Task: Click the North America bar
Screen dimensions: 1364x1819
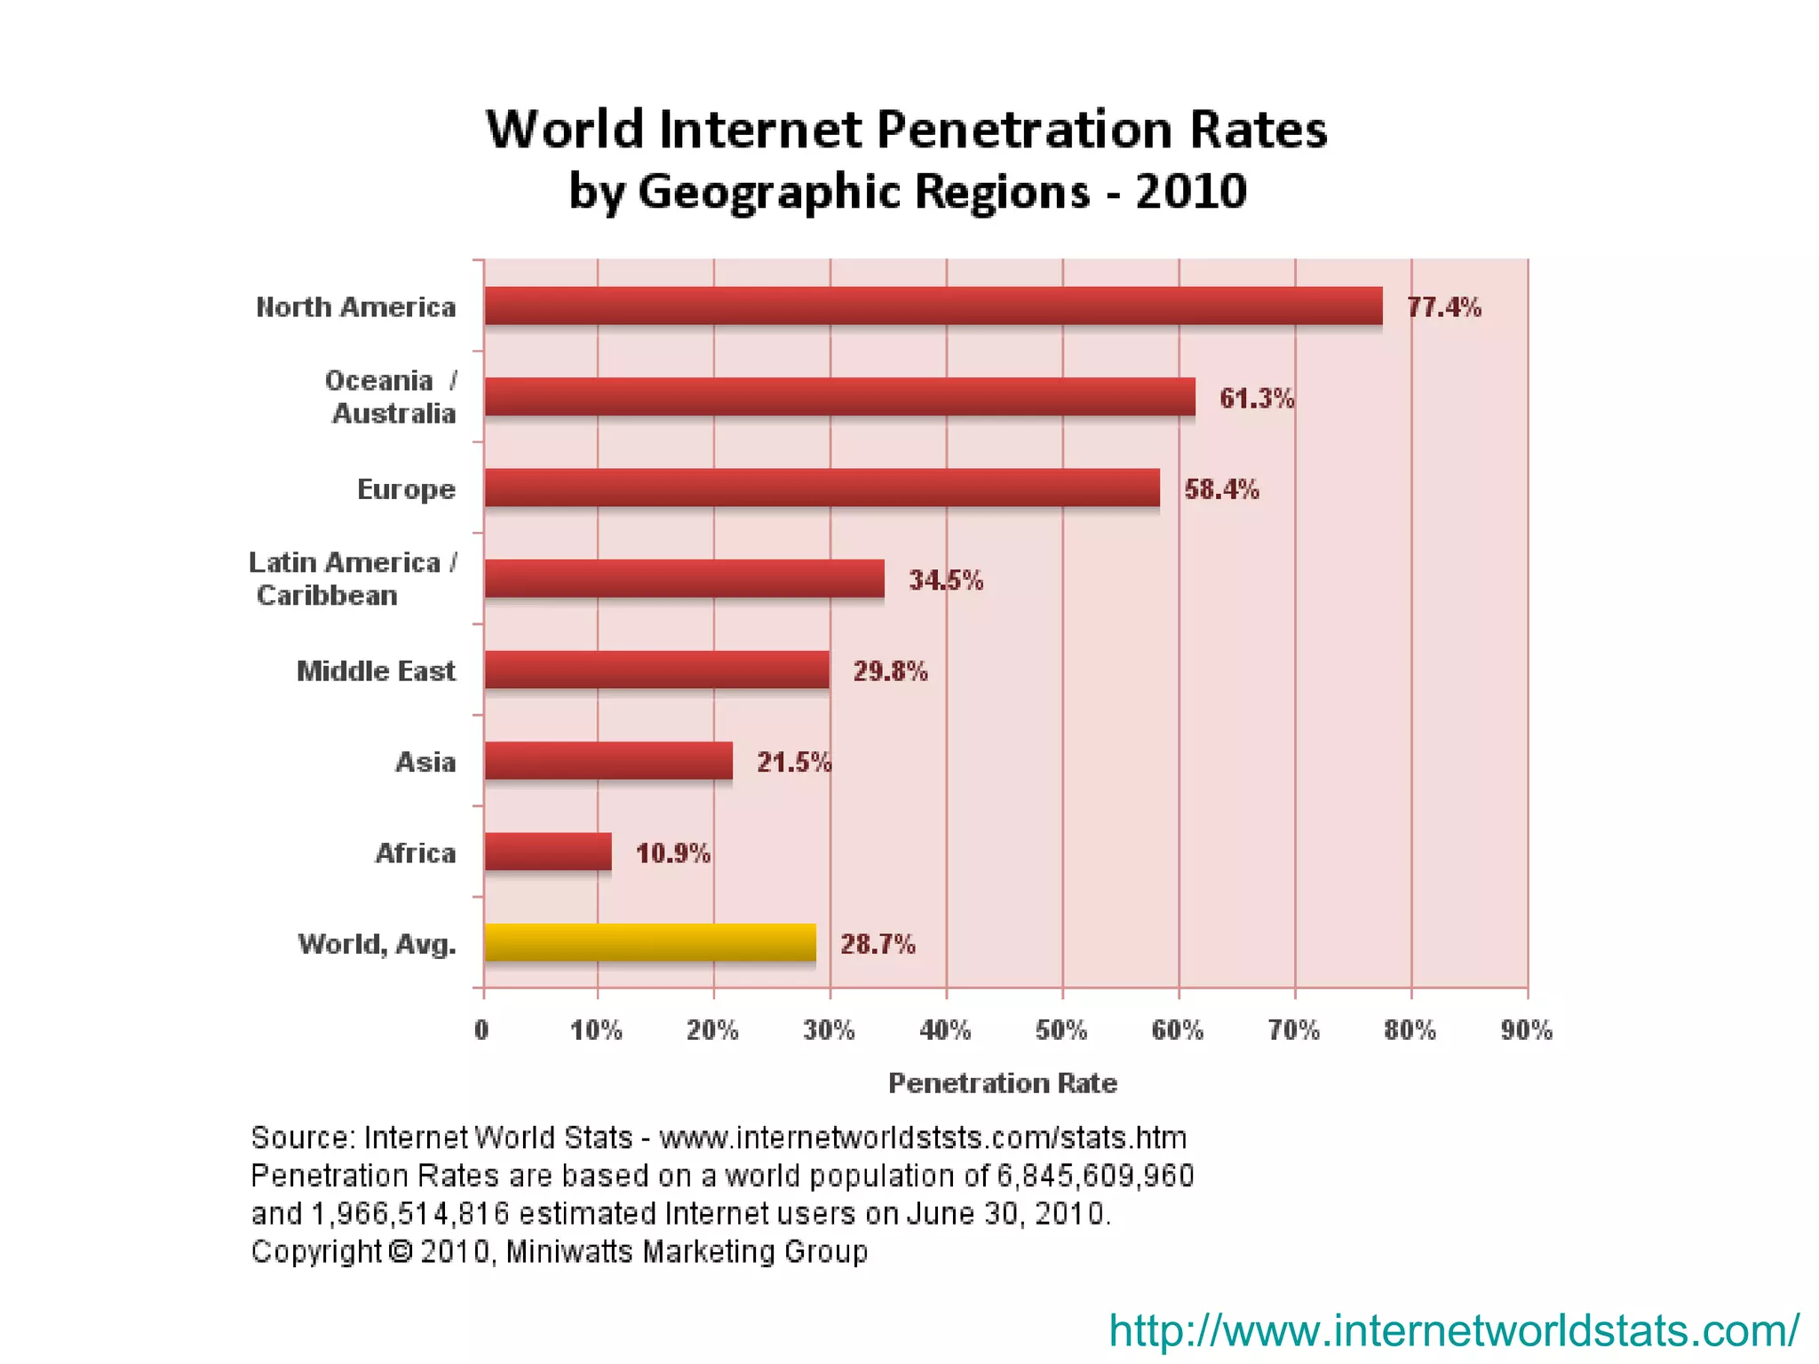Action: pos(933,306)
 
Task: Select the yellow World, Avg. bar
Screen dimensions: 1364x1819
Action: pos(649,942)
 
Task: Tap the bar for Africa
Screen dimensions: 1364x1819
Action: pos(548,852)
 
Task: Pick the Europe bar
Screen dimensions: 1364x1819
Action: pos(822,488)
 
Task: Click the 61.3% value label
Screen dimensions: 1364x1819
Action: pos(1256,399)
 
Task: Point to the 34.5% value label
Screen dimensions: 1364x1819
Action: pos(945,581)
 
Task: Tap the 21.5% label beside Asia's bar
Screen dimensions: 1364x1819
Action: pos(793,762)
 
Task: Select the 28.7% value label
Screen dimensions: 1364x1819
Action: pos(877,944)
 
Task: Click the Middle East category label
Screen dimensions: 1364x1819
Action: pos(376,670)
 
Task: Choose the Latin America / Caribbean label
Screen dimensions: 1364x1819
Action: pos(353,578)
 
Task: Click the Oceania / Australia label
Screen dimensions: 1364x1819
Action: pos(391,397)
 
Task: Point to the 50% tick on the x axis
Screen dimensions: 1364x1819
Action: pos(1060,1030)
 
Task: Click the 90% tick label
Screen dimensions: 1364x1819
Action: pos(1526,1030)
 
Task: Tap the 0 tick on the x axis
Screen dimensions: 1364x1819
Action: pos(481,1030)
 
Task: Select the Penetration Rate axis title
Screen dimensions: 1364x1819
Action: pos(1002,1082)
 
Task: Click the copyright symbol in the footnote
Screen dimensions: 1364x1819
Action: pos(401,1251)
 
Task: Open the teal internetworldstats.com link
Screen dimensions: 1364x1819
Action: pos(1453,1330)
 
